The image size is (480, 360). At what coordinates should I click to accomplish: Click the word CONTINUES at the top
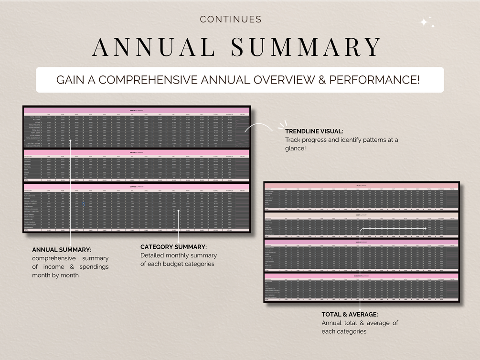231,20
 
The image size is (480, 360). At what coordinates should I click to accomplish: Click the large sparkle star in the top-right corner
424,21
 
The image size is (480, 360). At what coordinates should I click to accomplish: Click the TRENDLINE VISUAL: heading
314,131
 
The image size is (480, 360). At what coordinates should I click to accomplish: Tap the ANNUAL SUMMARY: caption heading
62,250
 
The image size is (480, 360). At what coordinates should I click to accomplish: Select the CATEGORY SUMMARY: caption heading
173,247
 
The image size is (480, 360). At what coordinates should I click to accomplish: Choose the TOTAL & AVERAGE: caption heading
350,314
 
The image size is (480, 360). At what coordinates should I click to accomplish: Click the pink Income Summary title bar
137,152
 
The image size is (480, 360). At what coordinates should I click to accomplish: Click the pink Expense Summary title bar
137,186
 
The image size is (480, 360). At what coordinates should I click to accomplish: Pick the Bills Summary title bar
362,185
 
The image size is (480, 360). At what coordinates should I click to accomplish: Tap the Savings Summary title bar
362,242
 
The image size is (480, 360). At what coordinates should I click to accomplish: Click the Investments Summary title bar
362,275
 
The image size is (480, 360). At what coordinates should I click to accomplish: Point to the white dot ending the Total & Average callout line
425,228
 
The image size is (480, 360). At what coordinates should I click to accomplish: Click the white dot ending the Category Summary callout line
178,211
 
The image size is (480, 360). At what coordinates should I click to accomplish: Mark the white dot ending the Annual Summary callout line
70,141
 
